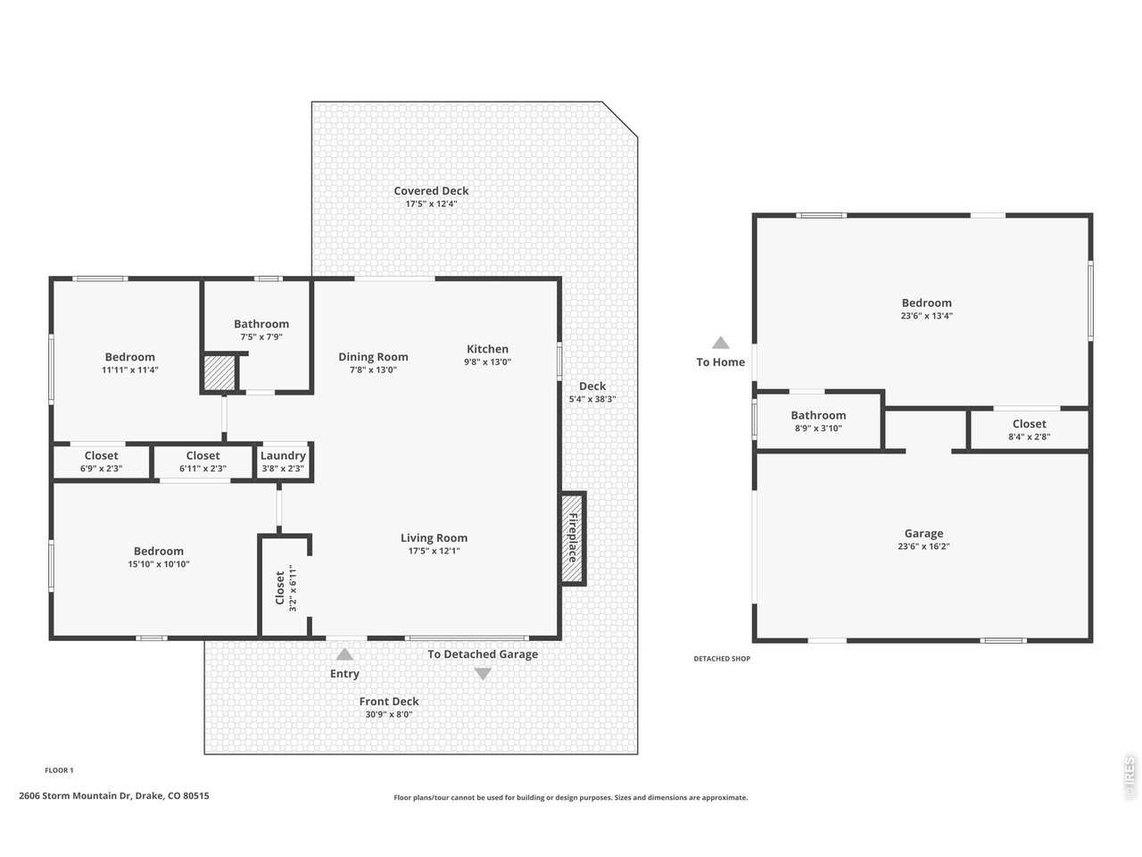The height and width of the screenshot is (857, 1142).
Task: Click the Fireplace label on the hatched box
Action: [572, 537]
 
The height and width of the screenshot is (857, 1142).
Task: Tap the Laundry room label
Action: [283, 456]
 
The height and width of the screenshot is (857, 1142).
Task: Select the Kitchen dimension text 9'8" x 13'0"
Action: [487, 362]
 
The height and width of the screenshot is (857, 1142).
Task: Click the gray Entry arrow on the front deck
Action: [344, 654]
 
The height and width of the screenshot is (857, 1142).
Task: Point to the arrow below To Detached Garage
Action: [483, 674]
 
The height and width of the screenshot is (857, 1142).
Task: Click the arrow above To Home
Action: [721, 343]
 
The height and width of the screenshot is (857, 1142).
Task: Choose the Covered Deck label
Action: [431, 191]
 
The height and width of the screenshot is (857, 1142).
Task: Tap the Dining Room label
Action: [373, 357]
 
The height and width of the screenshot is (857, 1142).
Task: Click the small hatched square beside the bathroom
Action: [219, 371]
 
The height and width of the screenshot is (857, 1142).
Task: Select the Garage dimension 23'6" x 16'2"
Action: [923, 546]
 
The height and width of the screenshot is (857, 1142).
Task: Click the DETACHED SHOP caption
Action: [722, 659]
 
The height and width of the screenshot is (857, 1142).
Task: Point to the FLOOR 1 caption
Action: [59, 770]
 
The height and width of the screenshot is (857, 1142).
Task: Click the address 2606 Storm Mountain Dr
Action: [75, 795]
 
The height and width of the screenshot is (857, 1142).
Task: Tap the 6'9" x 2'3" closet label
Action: [101, 469]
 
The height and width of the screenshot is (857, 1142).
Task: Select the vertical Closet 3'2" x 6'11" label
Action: [285, 588]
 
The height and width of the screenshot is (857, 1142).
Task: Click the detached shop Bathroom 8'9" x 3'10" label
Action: [818, 421]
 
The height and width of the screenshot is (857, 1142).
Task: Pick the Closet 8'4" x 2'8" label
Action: [1029, 429]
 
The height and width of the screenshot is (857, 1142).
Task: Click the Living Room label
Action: [434, 538]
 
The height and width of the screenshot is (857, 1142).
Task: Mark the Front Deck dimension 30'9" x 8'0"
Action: [389, 714]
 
